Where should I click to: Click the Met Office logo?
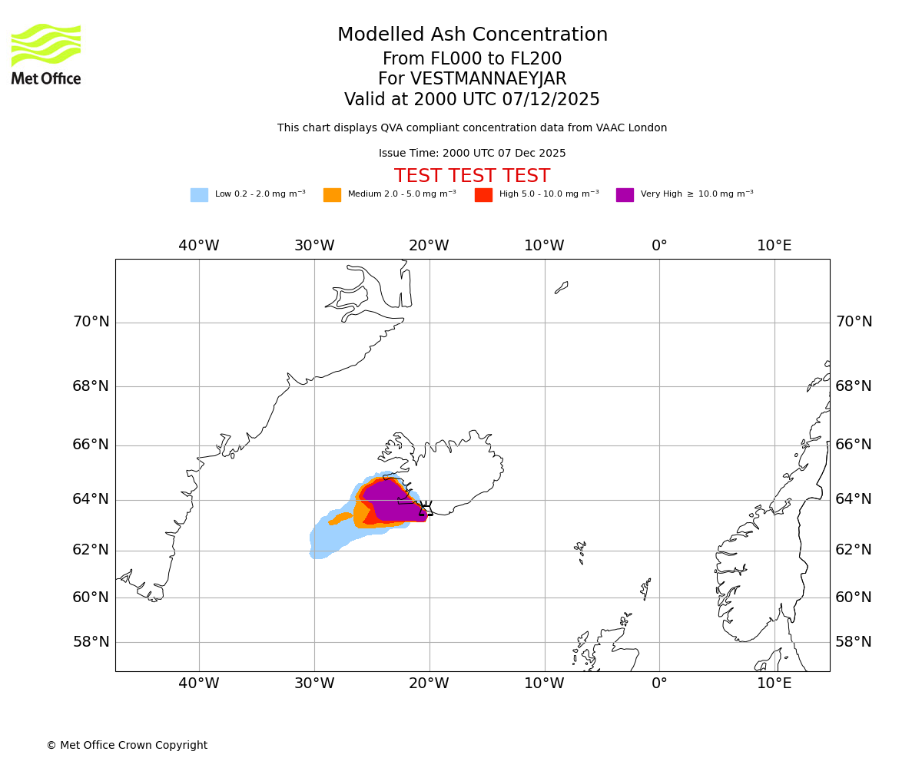46,54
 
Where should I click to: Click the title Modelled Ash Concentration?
472,35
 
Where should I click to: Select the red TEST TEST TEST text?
472,177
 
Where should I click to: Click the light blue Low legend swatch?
199,195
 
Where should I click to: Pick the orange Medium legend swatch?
332,195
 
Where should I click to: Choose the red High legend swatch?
483,195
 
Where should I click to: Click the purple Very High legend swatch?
625,195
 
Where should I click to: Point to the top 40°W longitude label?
199,246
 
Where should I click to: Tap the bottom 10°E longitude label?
774,684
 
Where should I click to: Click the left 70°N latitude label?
91,322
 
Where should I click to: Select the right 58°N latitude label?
854,642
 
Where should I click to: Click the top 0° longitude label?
659,246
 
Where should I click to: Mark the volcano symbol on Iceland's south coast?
424,508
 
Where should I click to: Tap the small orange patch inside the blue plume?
340,518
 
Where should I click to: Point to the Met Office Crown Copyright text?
127,746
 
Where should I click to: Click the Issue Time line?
472,154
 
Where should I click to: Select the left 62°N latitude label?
91,550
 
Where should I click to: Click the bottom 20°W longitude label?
429,684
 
